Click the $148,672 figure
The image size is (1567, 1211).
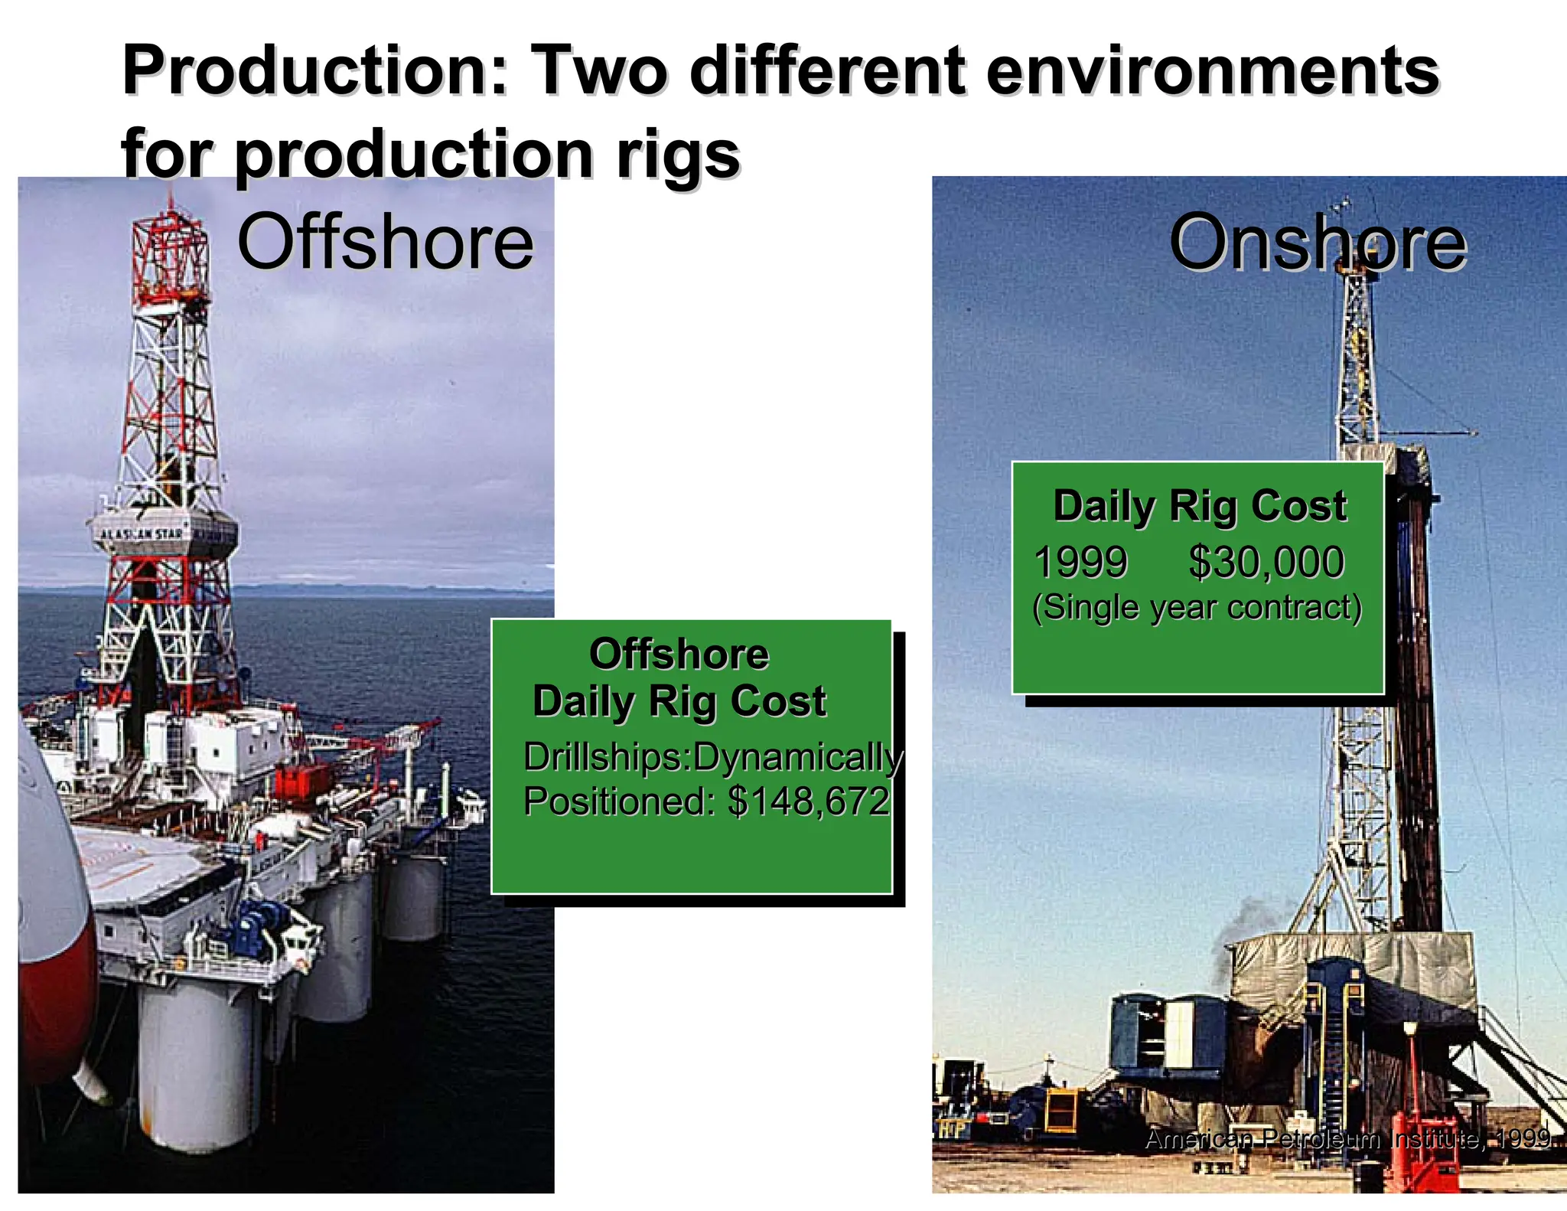(808, 801)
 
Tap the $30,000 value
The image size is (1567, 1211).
(1266, 562)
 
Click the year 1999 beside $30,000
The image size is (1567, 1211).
(1080, 562)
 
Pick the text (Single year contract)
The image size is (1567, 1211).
(1197, 607)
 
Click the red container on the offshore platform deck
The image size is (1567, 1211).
(301, 783)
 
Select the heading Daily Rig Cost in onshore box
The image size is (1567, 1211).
(1199, 506)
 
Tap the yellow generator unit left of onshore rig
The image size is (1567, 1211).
(1060, 1111)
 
